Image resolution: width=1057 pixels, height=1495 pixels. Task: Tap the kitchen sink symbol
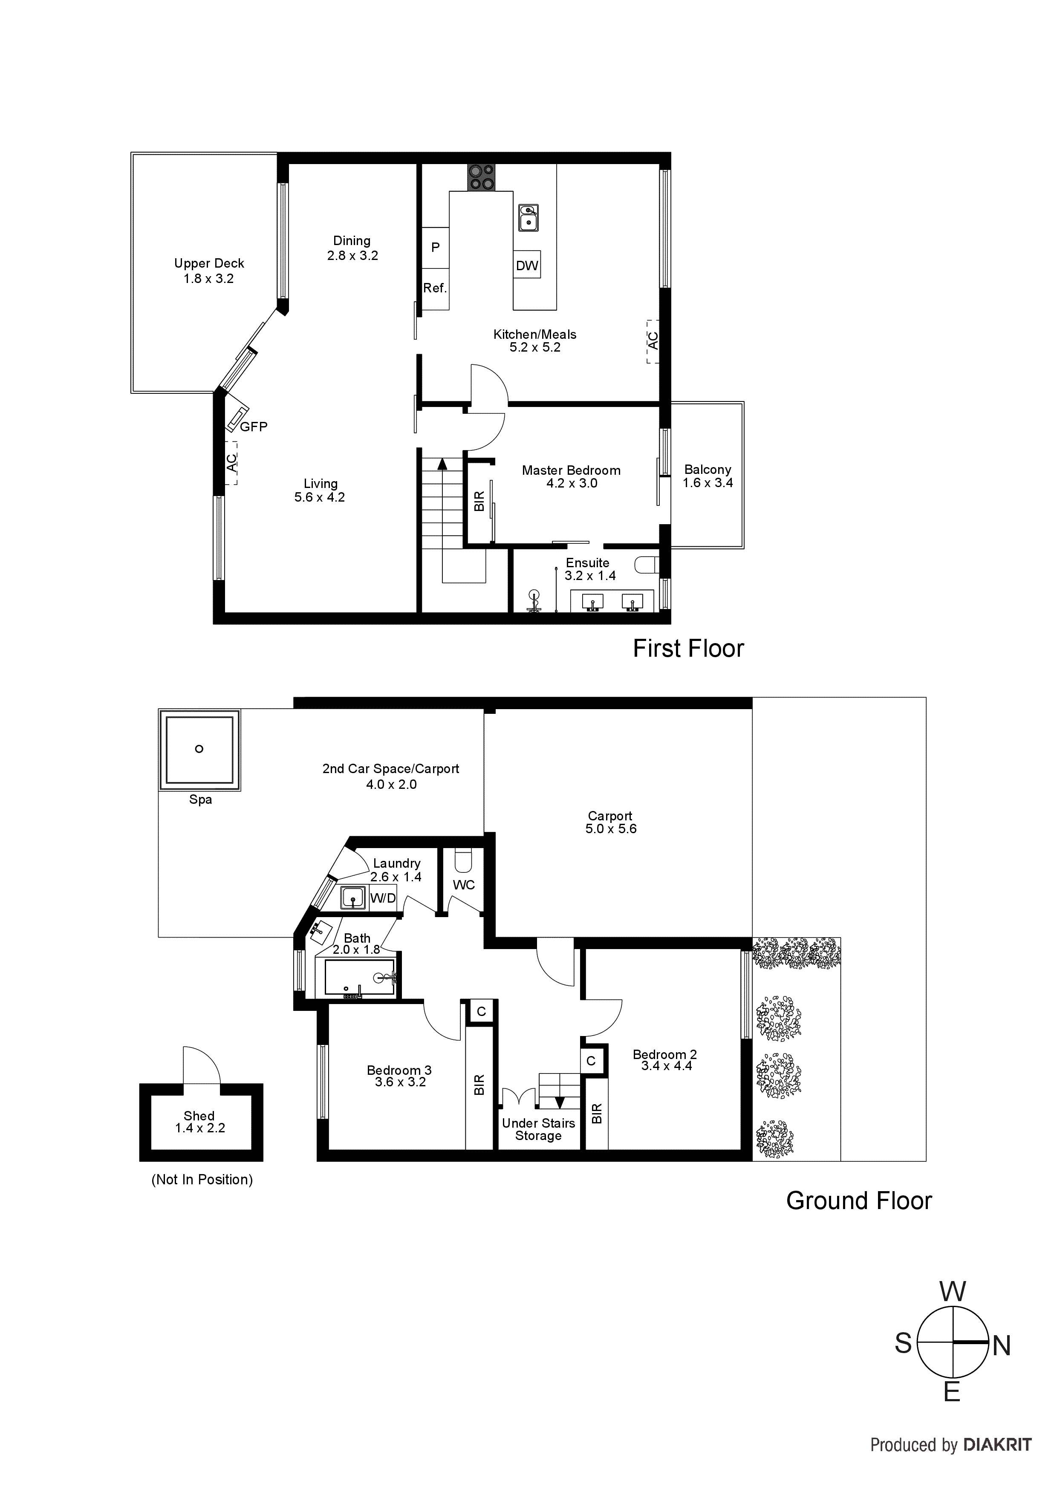click(528, 217)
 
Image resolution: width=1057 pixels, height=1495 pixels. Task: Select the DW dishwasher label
click(527, 266)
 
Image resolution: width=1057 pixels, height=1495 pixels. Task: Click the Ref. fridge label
click(435, 288)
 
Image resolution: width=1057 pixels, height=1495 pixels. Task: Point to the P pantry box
click(436, 248)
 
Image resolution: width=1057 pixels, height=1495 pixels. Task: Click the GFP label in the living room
click(253, 427)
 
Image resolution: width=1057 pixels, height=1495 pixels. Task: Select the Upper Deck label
click(209, 264)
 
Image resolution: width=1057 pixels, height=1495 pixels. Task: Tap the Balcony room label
click(707, 470)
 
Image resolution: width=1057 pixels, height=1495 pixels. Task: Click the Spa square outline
click(199, 750)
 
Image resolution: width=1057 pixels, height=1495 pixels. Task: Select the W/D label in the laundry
click(382, 898)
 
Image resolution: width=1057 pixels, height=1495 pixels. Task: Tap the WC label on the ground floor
click(464, 885)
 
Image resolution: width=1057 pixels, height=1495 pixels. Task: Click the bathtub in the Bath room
click(359, 978)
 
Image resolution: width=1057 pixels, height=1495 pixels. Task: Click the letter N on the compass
click(1002, 1346)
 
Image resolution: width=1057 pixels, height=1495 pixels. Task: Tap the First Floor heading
click(688, 649)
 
